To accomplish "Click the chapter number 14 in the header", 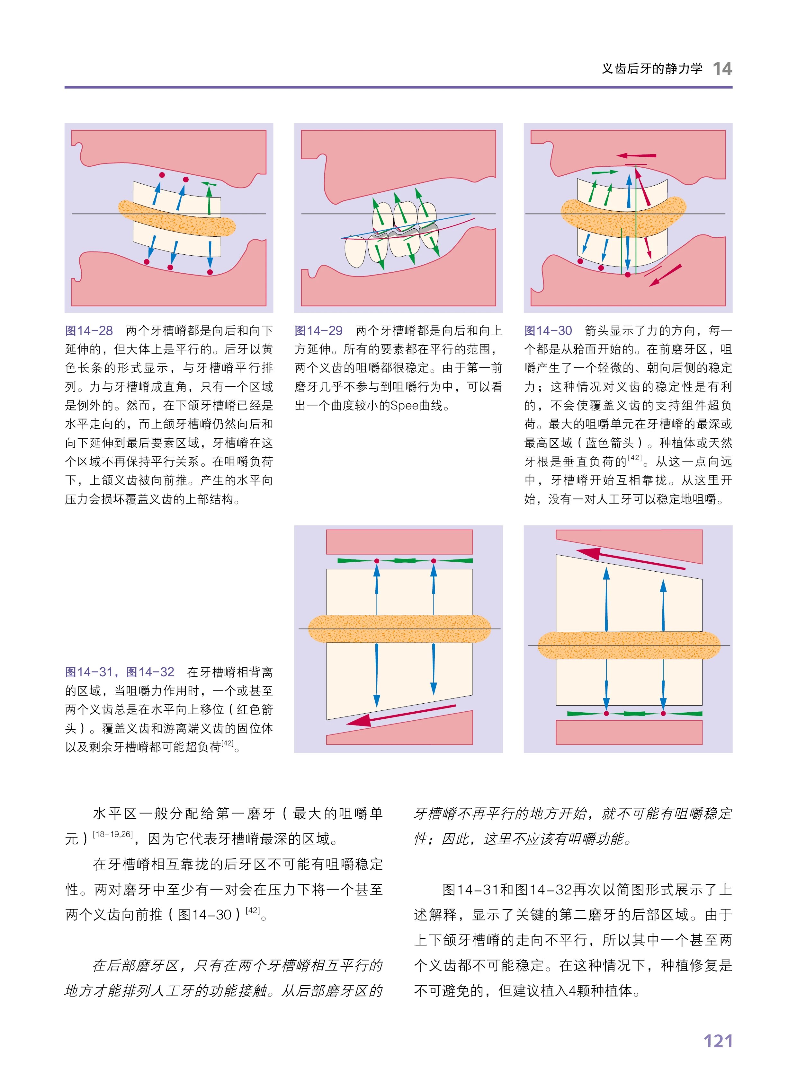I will (722, 69).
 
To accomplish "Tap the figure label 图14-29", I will (318, 331).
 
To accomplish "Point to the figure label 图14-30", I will (548, 331).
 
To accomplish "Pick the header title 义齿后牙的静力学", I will (652, 69).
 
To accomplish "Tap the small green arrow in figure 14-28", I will (209, 184).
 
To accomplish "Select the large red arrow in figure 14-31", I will (400, 715).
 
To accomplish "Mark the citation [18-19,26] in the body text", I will (112, 834).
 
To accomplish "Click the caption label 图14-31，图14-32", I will (120, 672).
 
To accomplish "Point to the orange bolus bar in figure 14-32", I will (628, 645).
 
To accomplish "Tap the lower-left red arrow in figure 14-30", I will (665, 275).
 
